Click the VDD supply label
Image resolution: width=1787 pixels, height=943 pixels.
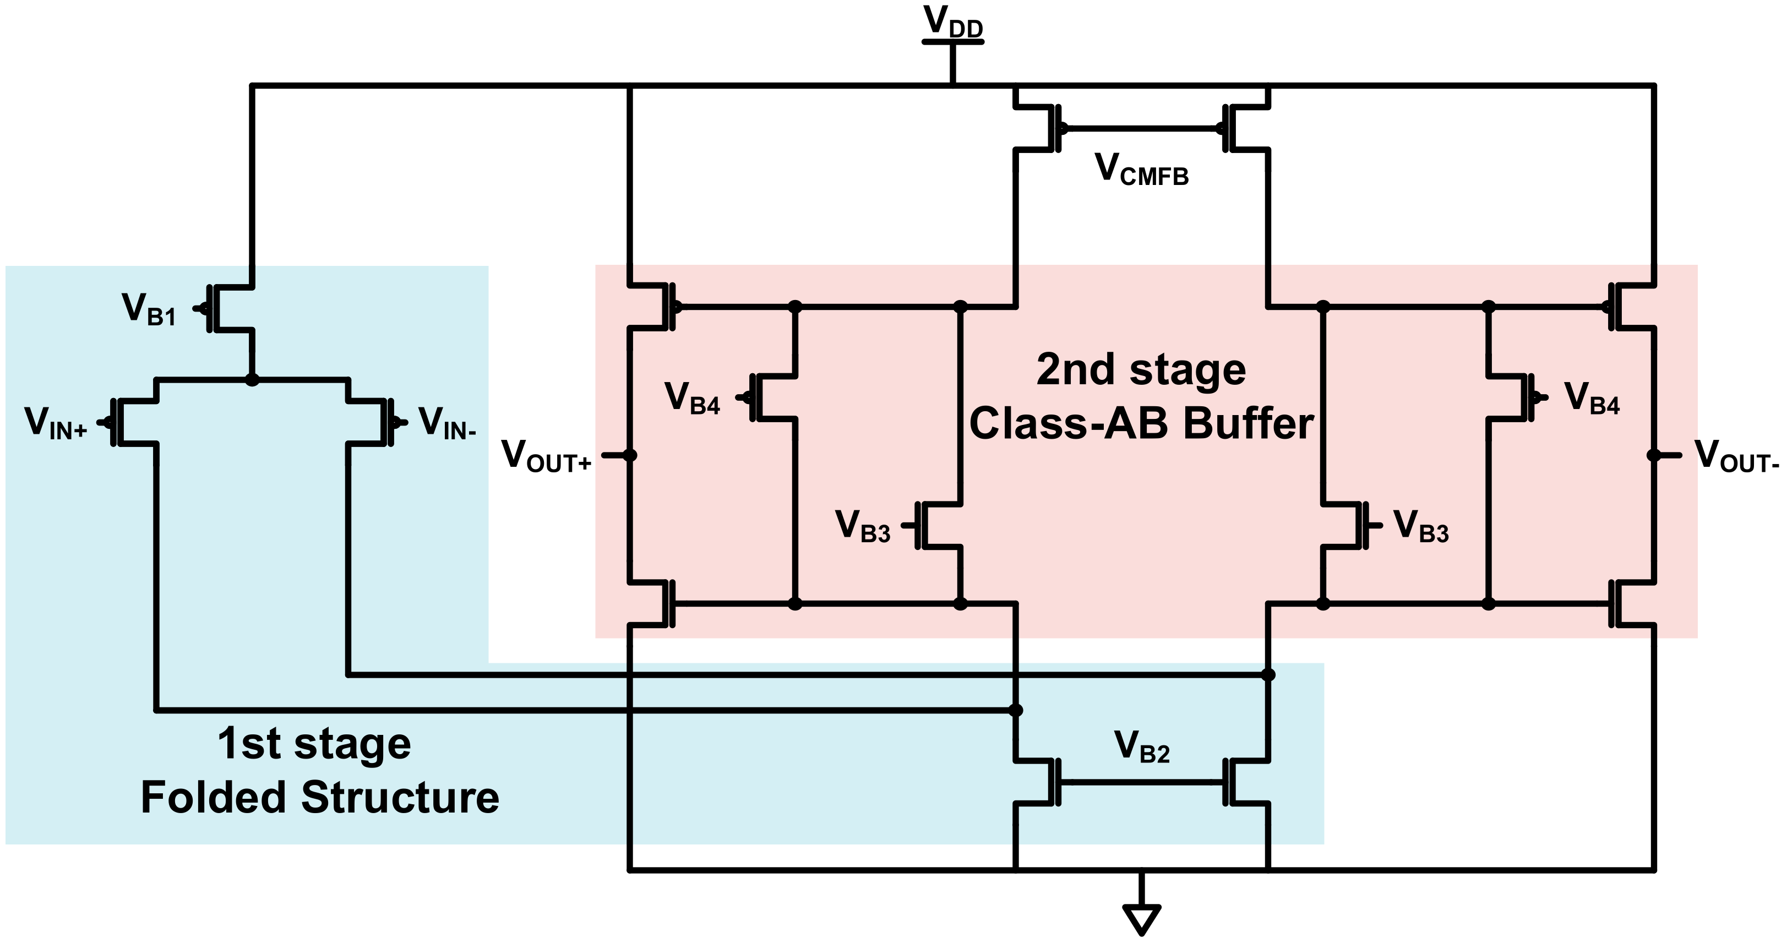[952, 22]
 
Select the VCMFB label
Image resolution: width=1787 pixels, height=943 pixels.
[1141, 170]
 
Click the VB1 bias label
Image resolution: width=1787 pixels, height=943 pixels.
[149, 309]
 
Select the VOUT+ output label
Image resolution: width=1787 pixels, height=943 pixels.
[546, 456]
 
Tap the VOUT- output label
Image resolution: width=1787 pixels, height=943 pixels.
[1736, 456]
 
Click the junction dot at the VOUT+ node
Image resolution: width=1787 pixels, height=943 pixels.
[629, 455]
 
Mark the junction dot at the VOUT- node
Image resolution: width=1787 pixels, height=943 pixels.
[1654, 455]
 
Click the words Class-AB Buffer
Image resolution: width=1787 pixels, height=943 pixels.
[1141, 423]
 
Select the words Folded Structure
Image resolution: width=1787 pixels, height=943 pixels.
[320, 798]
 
